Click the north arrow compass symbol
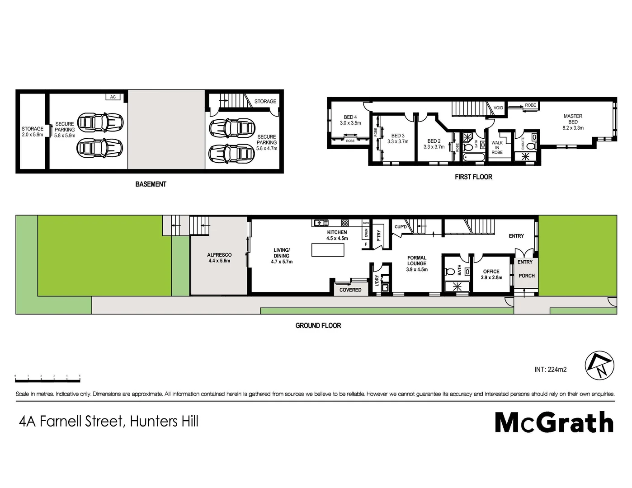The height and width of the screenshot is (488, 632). point(600,366)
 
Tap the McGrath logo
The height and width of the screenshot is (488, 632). point(554,422)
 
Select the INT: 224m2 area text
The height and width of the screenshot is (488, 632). point(550,370)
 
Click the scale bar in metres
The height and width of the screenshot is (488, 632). point(47,379)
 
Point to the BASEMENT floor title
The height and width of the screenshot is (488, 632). point(151,184)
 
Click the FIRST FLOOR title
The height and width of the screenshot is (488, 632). point(473,177)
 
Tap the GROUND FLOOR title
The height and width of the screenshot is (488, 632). point(318,325)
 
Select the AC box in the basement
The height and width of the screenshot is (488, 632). point(113,97)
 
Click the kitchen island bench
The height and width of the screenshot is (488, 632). point(328,250)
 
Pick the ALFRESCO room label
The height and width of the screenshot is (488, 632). point(219,258)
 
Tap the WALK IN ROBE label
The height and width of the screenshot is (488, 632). point(497,148)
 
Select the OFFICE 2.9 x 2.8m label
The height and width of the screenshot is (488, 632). point(491,275)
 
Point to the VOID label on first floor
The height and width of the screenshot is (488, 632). point(498,108)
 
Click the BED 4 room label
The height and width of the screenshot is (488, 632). point(350,120)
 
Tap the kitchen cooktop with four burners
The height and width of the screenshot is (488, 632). point(345,223)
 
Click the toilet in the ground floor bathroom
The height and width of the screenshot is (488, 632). point(450,272)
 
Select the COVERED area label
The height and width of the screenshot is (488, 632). point(350,290)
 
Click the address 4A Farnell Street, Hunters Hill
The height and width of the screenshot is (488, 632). point(108,422)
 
